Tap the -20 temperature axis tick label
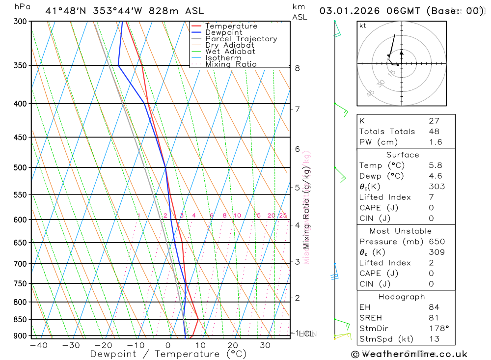[x=103, y=345]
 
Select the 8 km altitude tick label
[x=298, y=68]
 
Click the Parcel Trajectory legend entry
[x=241, y=39]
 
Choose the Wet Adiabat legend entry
[x=230, y=52]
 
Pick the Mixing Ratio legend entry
[x=231, y=64]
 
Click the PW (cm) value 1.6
[x=436, y=142]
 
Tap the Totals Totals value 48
[x=434, y=131]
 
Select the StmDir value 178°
[x=436, y=328]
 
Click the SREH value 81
[x=434, y=318]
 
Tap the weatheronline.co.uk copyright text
[x=409, y=354]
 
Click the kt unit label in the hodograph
[x=363, y=26]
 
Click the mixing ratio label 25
[x=283, y=215]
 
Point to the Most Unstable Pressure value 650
[x=436, y=241]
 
